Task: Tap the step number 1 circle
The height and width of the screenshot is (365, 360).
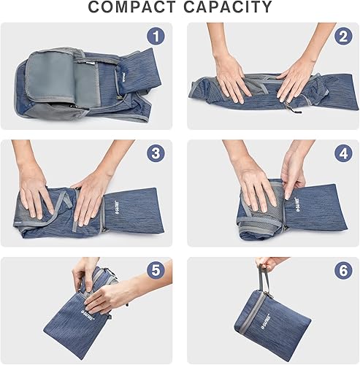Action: click(154, 36)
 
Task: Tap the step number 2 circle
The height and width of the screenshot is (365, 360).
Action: click(342, 36)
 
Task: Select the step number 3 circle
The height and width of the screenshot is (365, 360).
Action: click(154, 154)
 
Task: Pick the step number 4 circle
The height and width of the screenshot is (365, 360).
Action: click(342, 154)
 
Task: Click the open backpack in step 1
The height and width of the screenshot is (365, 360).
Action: click(80, 77)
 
